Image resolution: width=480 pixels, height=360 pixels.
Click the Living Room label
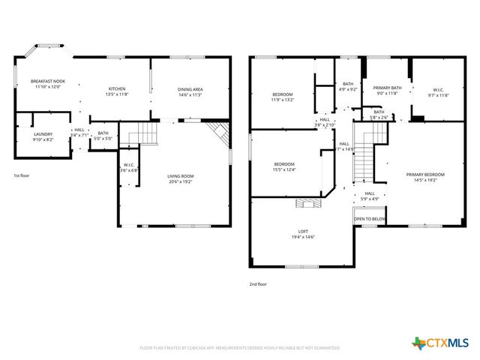(x=181, y=176)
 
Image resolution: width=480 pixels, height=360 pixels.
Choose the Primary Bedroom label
(x=425, y=175)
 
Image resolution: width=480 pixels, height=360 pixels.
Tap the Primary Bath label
(x=387, y=88)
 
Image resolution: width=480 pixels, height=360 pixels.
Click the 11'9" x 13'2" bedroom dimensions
(x=282, y=99)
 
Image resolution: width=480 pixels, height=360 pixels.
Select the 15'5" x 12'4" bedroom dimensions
(x=284, y=169)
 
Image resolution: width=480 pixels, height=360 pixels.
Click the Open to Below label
(x=370, y=219)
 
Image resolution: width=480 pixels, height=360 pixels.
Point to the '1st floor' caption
(x=22, y=175)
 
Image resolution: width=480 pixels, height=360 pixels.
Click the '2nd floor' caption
(x=257, y=284)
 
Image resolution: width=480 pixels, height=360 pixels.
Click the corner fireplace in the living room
(x=219, y=134)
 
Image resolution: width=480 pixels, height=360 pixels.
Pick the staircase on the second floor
(x=364, y=154)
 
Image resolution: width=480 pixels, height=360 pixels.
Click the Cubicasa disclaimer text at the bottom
(x=240, y=348)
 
